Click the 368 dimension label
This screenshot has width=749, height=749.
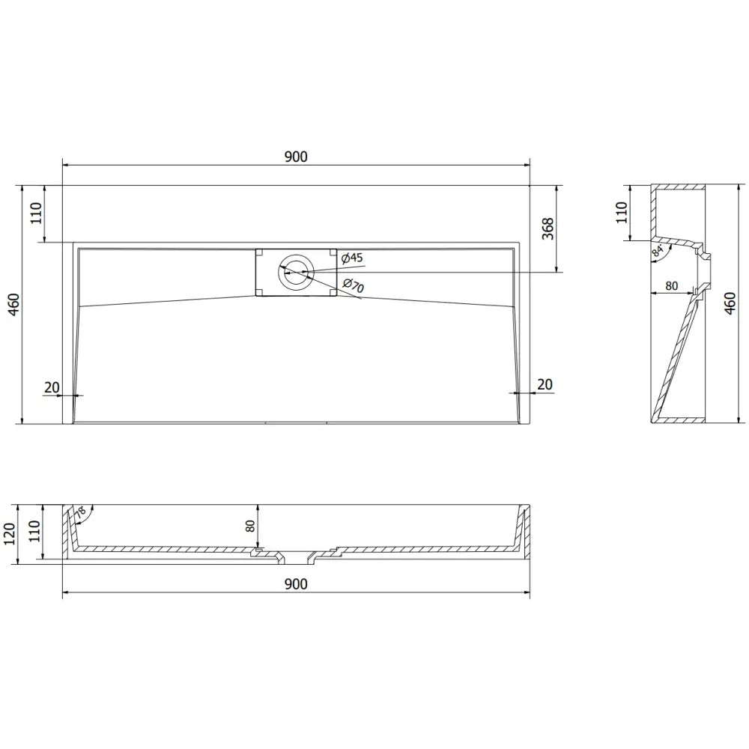(x=548, y=228)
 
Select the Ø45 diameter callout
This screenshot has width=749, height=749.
(x=351, y=258)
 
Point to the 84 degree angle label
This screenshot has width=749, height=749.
(x=658, y=251)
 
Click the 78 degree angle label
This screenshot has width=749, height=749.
(x=80, y=515)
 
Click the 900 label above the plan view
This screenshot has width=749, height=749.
(x=296, y=157)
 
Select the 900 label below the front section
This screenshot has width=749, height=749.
(x=296, y=584)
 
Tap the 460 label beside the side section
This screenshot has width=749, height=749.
(x=730, y=303)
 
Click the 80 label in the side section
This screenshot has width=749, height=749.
(x=670, y=285)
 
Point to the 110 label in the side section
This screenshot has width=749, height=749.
(x=620, y=213)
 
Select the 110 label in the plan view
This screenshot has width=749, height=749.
(x=36, y=213)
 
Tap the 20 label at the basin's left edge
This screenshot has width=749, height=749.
(x=52, y=386)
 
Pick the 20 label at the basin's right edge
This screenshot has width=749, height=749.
(x=545, y=384)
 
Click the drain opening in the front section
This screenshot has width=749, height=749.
(x=299, y=558)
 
